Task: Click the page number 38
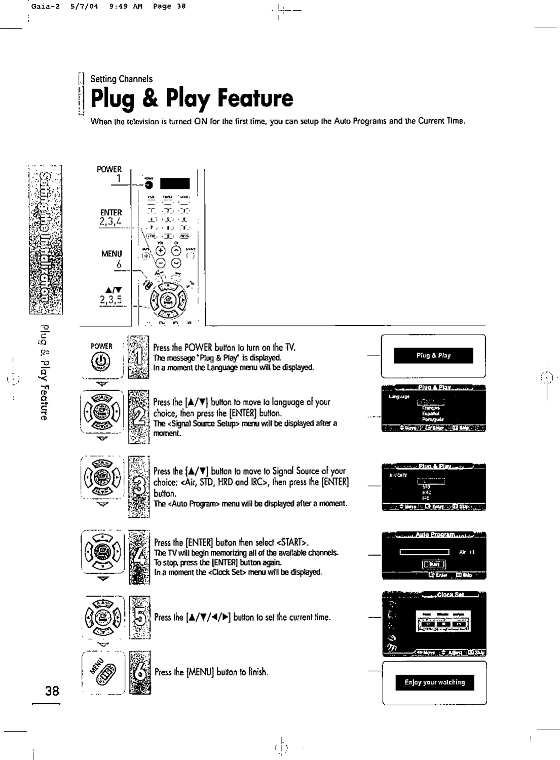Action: tap(52, 690)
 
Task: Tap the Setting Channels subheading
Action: tap(121, 79)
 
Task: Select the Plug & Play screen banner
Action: tap(433, 356)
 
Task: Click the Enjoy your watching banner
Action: tap(434, 682)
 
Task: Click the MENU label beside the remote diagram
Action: tap(111, 253)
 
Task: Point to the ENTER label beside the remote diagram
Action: tap(111, 212)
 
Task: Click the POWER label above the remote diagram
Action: tap(109, 169)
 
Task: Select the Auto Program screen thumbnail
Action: tap(434, 555)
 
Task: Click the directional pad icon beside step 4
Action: tap(103, 553)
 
